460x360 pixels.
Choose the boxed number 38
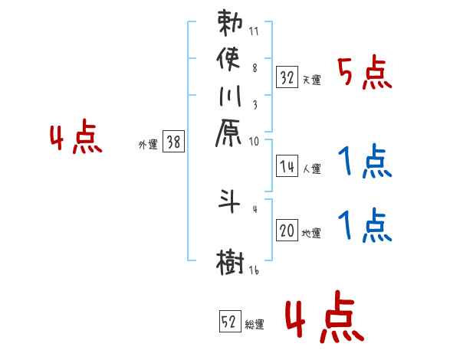pyautogui.click(x=174, y=141)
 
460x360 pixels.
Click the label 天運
pyautogui.click(x=311, y=79)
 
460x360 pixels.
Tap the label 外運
pyautogui.click(x=148, y=143)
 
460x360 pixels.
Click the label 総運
pyautogui.click(x=255, y=322)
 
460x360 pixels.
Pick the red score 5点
pyautogui.click(x=365, y=74)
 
